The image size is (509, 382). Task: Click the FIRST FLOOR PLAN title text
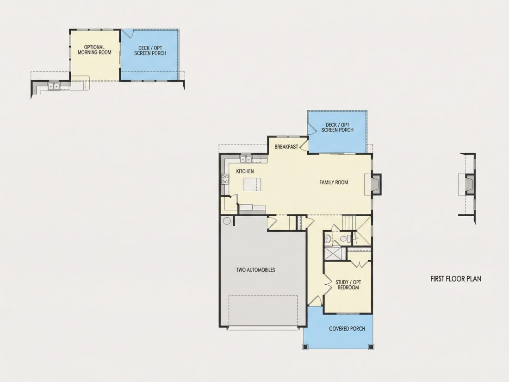(x=456, y=279)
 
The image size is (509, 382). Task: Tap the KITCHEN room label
(x=245, y=171)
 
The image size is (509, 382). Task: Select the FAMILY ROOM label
(x=333, y=182)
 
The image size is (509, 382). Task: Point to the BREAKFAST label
(x=286, y=146)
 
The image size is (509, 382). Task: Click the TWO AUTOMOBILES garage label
(x=255, y=269)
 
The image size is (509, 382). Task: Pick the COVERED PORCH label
(x=347, y=329)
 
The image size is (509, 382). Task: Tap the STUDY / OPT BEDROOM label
(x=348, y=285)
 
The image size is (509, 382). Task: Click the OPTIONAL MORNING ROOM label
(x=94, y=50)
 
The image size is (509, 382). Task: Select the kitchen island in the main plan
(x=252, y=184)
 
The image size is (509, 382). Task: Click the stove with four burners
(x=225, y=179)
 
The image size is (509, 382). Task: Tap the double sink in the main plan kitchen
(x=246, y=159)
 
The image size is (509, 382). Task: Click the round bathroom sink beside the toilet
(x=328, y=239)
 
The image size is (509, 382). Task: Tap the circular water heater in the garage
(x=227, y=220)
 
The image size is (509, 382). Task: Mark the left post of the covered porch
(x=305, y=347)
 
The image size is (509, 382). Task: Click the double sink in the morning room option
(x=54, y=86)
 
